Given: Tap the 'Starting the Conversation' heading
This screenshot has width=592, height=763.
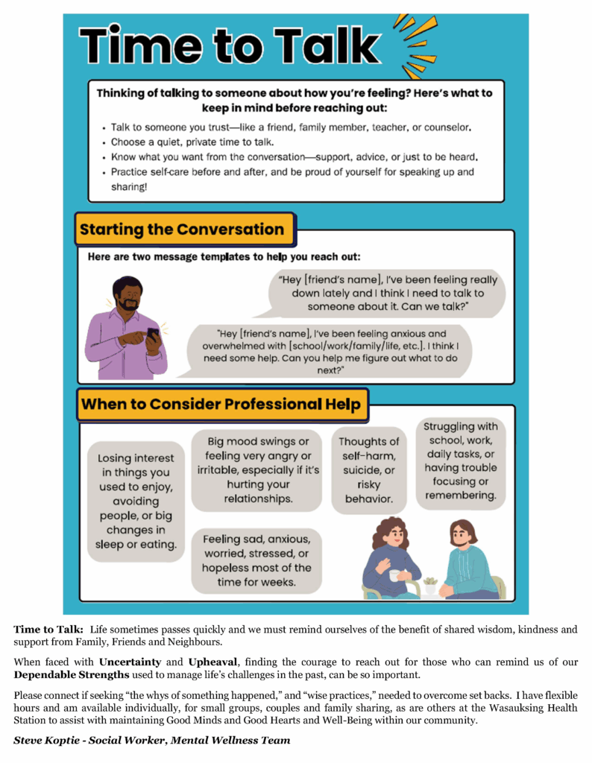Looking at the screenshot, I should (x=182, y=229).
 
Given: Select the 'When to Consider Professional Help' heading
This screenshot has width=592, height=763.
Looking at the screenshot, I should (x=222, y=405).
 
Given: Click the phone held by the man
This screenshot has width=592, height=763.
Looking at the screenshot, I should (x=152, y=333).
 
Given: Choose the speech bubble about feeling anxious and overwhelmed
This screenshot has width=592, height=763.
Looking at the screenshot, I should (x=332, y=350).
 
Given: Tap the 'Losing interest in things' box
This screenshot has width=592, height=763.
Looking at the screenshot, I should (x=136, y=501).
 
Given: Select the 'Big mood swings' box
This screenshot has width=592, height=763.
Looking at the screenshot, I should (x=256, y=469).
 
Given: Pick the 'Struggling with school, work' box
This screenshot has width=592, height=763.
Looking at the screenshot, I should (x=460, y=461).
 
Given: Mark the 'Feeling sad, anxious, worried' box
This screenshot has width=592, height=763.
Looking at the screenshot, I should (x=256, y=560).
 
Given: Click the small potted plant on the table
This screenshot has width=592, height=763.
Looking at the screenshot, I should (x=430, y=585).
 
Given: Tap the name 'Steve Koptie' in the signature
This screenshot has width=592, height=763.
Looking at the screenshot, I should (x=46, y=740).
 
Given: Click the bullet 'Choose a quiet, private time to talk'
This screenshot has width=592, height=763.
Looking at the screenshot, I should (x=192, y=142).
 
